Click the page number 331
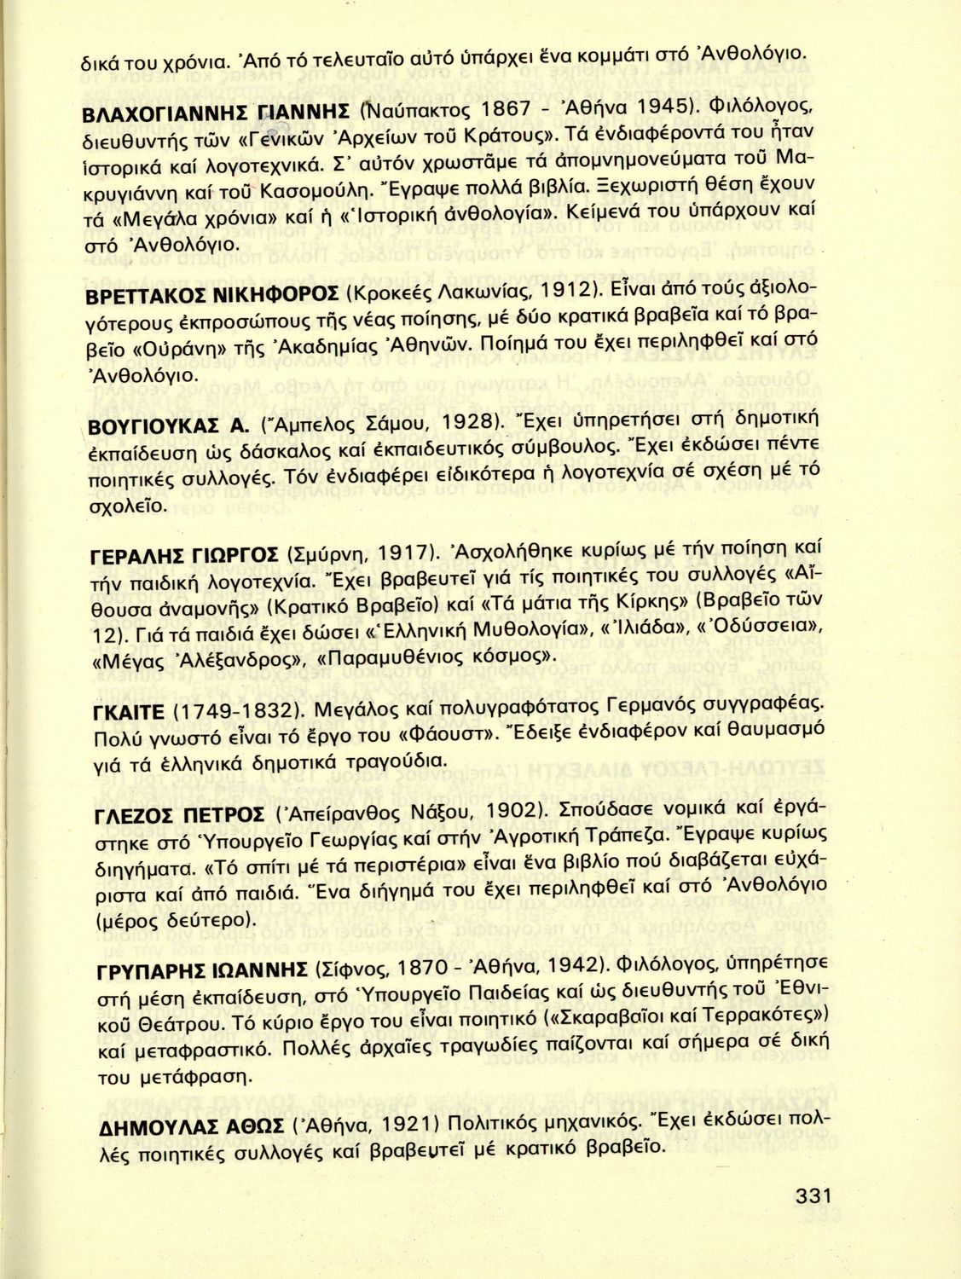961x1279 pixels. click(x=813, y=1196)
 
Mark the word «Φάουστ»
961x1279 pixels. click(x=447, y=733)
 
